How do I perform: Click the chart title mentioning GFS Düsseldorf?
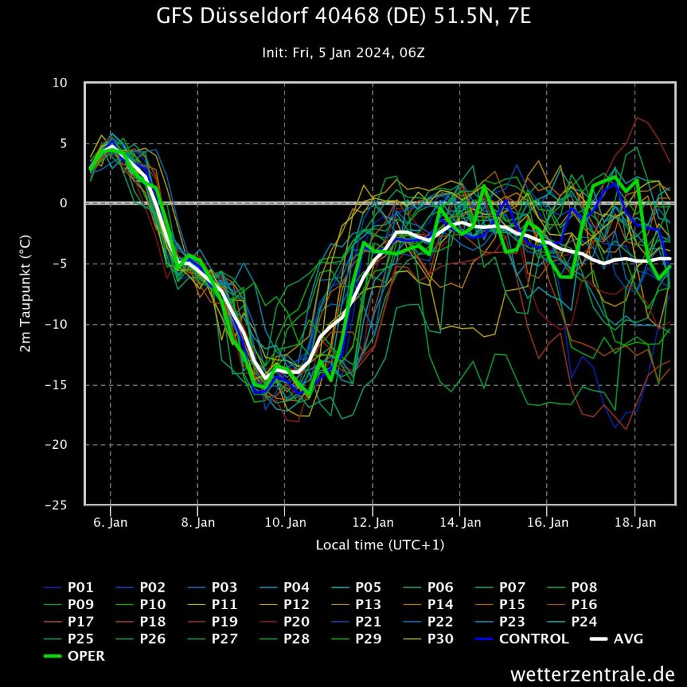343,17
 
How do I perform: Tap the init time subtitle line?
343,52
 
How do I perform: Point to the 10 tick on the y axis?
60,83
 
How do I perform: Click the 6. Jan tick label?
111,523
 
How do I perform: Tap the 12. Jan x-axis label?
373,523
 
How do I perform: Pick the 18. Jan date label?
635,523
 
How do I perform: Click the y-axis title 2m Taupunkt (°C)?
25,294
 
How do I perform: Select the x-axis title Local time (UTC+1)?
380,545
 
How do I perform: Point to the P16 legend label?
583,604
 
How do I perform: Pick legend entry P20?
296,622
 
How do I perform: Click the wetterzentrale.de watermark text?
592,673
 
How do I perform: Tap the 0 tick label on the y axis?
64,203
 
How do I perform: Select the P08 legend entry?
583,588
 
